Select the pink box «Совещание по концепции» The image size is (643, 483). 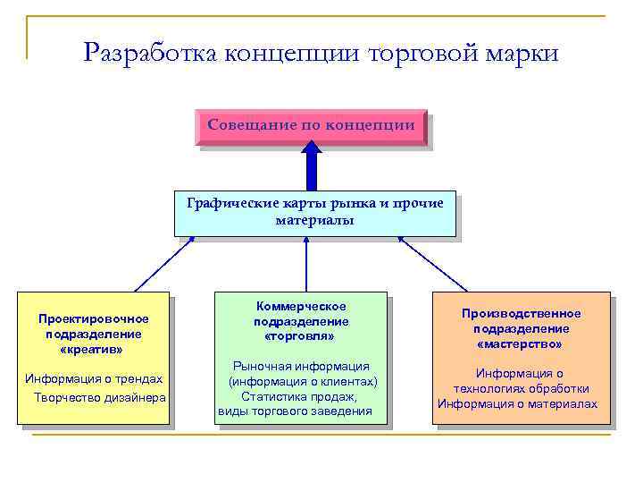point(311,126)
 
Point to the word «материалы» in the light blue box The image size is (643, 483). point(314,219)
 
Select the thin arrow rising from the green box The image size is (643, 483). point(306,263)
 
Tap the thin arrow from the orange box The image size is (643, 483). point(432,263)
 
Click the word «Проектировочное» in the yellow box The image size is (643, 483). point(94,318)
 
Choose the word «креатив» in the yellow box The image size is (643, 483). point(93,349)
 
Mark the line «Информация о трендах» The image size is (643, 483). point(94,378)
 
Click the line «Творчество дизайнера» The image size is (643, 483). point(99,397)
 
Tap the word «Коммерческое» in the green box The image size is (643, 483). point(301,306)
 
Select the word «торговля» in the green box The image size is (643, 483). point(301,336)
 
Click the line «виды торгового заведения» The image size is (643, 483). point(295,411)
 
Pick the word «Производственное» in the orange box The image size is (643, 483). point(521,313)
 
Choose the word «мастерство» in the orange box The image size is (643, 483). point(520,343)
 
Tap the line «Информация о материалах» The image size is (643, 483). point(517,403)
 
